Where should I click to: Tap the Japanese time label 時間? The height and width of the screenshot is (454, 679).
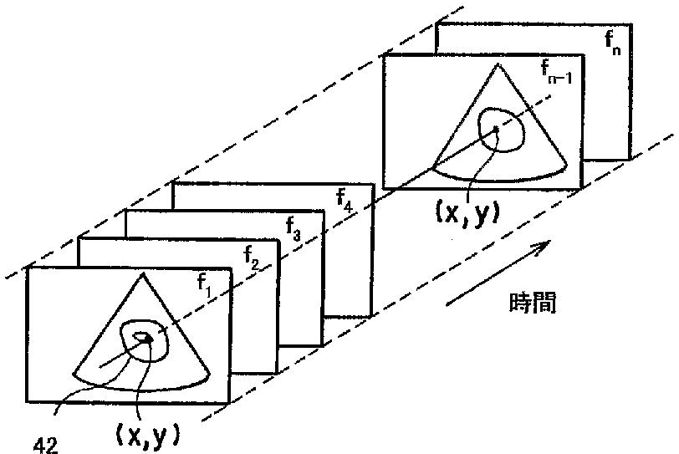[x=532, y=302]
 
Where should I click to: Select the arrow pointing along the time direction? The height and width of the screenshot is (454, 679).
[x=497, y=272]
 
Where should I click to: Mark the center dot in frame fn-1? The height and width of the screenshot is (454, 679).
[x=497, y=129]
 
